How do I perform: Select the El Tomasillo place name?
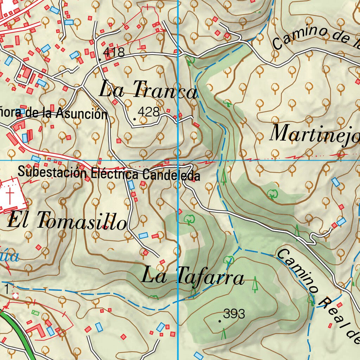[x=67, y=221]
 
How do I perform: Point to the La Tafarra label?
[x=192, y=276]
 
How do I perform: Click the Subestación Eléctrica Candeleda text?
[x=109, y=173]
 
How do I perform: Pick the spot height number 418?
[x=114, y=52]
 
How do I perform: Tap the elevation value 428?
[x=148, y=112]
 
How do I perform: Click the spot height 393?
[x=234, y=314]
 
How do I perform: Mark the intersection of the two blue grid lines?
[x=178, y=160]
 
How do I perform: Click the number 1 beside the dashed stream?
[x=7, y=289]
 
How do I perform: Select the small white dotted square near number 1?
[x=15, y=296]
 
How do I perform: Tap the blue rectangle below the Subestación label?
[x=131, y=185]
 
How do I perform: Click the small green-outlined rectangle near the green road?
[x=36, y=312]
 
